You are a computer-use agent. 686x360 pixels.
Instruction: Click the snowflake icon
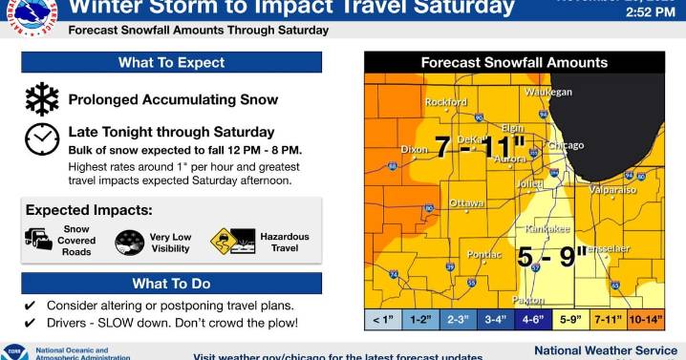click(x=41, y=99)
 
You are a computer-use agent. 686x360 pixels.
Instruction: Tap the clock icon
click(x=41, y=139)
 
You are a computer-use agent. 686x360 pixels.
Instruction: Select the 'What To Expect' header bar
click(x=171, y=63)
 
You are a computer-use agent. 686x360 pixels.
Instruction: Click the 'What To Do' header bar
click(x=171, y=284)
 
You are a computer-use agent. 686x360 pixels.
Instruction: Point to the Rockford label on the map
click(x=447, y=102)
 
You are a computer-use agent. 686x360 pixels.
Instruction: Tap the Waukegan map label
click(x=547, y=92)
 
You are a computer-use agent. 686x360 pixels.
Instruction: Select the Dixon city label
click(x=415, y=150)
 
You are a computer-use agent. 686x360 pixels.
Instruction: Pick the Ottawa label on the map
click(x=466, y=203)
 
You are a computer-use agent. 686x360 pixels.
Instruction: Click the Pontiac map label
click(x=484, y=255)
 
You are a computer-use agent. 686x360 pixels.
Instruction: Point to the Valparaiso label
click(x=612, y=190)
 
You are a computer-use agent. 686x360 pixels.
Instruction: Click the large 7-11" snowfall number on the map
click(x=475, y=148)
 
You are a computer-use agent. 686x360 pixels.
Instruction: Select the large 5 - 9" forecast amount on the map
click(x=552, y=258)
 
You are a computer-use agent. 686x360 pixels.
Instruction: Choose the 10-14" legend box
click(x=645, y=321)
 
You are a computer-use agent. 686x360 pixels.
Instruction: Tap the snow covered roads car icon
click(x=39, y=240)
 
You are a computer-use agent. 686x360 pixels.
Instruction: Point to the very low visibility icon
click(x=129, y=243)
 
